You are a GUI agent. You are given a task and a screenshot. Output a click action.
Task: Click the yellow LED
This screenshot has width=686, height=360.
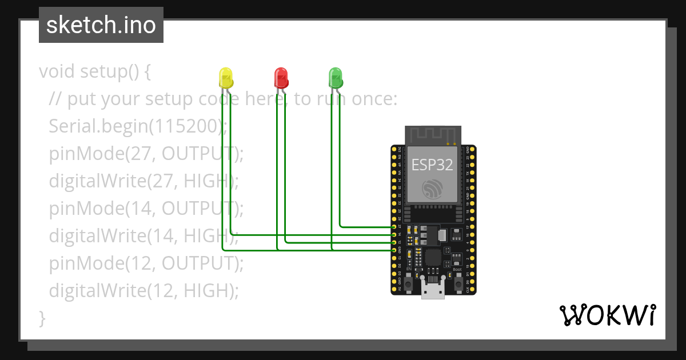point(226,77)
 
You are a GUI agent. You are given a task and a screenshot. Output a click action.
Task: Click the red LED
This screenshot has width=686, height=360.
point(281,77)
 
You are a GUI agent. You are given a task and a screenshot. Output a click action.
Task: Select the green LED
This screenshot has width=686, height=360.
point(335,77)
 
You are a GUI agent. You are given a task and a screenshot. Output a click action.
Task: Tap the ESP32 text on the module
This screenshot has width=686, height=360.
point(432,165)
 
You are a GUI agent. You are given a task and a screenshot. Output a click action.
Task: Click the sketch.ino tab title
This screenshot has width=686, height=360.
point(101,25)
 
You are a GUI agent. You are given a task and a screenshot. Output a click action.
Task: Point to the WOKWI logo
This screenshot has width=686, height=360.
point(607,315)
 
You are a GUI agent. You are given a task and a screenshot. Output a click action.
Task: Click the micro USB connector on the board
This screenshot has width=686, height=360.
point(433,290)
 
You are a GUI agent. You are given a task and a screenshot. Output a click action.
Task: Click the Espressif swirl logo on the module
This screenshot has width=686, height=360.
point(432,190)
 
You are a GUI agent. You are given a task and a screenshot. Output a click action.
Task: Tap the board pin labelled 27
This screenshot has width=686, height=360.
point(394,227)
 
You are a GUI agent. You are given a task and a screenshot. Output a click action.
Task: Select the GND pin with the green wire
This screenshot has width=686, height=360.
point(394,250)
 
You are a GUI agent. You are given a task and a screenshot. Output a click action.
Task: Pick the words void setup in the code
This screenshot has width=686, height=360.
point(86,71)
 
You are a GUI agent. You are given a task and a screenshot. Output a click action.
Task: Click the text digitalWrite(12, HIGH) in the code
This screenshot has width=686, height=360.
point(143,290)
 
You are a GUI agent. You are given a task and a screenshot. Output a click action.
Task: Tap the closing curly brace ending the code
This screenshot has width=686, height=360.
point(42,317)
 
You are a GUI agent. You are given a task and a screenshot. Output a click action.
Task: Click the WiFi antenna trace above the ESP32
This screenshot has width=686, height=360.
point(432,135)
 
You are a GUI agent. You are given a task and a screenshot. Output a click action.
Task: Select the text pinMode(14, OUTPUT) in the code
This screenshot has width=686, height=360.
point(146,208)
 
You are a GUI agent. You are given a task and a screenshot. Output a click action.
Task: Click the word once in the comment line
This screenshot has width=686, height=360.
point(369,99)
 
